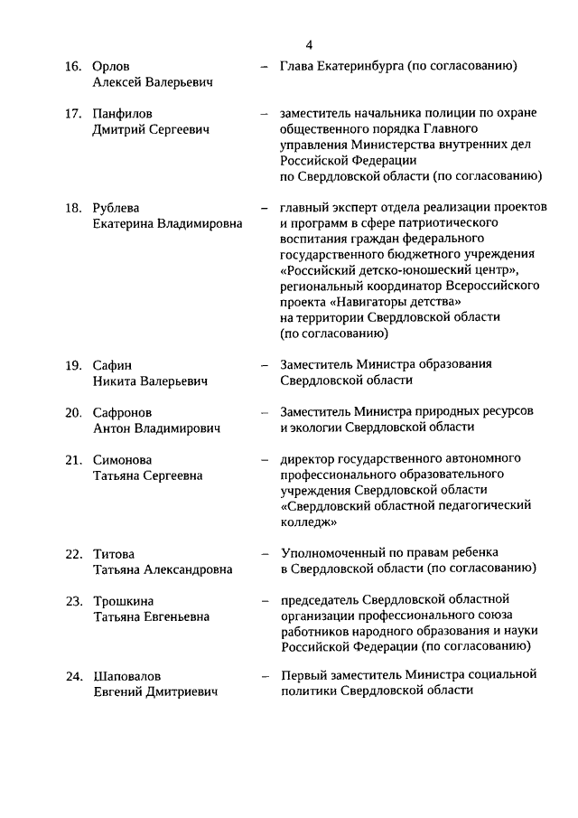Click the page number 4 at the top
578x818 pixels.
click(x=309, y=44)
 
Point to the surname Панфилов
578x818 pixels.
click(x=123, y=114)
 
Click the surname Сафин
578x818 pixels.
click(x=112, y=365)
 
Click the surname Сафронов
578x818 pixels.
click(x=122, y=412)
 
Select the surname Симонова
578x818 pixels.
click(x=122, y=460)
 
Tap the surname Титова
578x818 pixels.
click(x=114, y=553)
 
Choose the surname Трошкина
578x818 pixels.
click(x=123, y=601)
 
